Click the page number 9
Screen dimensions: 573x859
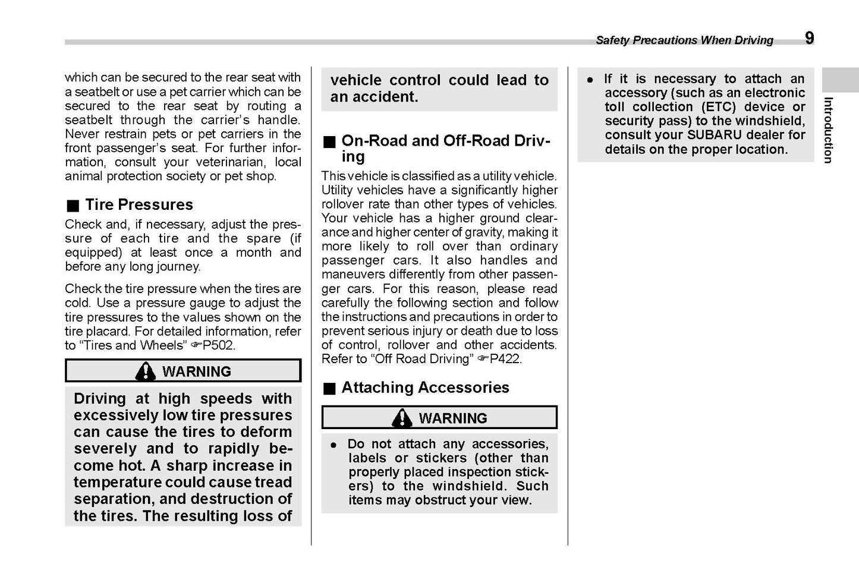pyautogui.click(x=809, y=38)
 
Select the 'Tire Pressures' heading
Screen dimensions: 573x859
pyautogui.click(x=139, y=204)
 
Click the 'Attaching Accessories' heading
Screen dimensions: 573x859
pyautogui.click(x=425, y=388)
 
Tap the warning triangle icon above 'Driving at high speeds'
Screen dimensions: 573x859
pyautogui.click(x=145, y=371)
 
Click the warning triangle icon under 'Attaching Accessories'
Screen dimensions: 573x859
pyautogui.click(x=402, y=418)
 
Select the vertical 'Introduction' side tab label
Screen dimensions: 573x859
pyautogui.click(x=828, y=130)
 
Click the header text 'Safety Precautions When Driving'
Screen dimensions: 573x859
pyautogui.click(x=684, y=40)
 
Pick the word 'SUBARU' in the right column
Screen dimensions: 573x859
pyautogui.click(x=714, y=135)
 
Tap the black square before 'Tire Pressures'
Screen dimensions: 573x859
pyautogui.click(x=73, y=206)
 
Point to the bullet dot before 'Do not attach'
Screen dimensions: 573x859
pyautogui.click(x=334, y=445)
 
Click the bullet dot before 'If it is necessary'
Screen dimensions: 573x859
pyautogui.click(x=590, y=80)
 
